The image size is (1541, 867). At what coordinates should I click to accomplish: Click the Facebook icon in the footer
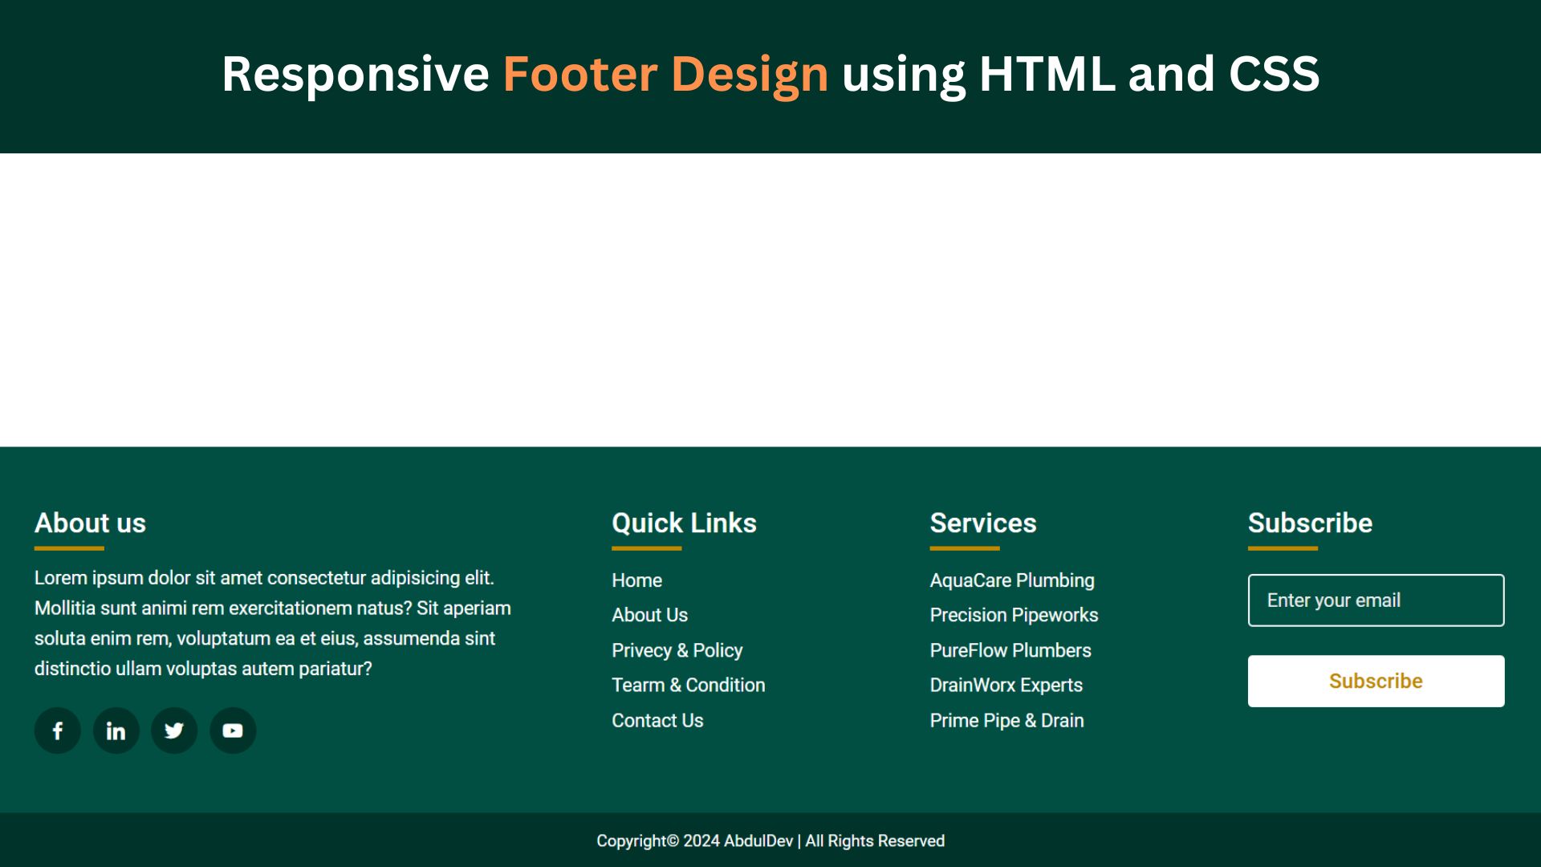point(58,731)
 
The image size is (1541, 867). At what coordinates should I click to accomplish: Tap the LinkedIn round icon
point(116,731)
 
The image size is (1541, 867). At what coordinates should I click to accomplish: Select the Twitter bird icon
point(174,731)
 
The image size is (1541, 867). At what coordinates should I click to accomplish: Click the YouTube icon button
point(233,731)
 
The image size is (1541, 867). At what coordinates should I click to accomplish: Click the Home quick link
point(636,580)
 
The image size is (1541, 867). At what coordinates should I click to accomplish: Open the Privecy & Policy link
point(677,650)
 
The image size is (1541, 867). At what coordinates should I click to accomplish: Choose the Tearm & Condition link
point(688,686)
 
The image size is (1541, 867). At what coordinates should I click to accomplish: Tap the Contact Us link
point(657,721)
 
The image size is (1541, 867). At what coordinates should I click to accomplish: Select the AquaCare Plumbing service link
point(1011,580)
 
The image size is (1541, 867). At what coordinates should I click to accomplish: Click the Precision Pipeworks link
point(1014,615)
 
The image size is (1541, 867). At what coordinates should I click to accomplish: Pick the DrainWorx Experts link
point(1006,686)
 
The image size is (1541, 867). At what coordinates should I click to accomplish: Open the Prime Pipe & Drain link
point(1006,721)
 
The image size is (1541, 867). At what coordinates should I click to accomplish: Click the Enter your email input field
point(1376,600)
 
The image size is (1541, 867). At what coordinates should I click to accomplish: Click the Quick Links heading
point(684,523)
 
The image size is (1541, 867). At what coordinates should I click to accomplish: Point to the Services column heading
point(983,523)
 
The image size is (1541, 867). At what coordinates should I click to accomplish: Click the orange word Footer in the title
point(579,74)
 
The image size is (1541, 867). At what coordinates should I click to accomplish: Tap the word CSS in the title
point(1274,74)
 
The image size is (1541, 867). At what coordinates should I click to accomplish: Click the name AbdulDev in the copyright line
point(758,841)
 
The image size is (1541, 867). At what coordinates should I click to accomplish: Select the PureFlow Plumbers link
point(1010,650)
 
